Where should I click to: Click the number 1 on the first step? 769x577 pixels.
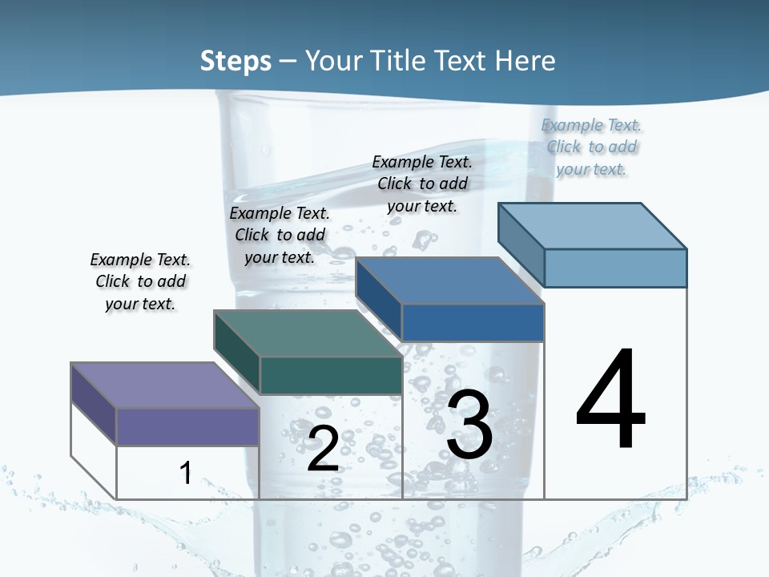[x=185, y=473]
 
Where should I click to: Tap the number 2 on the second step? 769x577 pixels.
[x=323, y=448]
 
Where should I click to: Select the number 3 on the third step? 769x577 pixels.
[x=469, y=425]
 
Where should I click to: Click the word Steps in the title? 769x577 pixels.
[x=236, y=61]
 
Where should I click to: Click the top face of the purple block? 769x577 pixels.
[x=164, y=385]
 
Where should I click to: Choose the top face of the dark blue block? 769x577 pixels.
[x=449, y=280]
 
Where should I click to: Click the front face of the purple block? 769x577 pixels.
[x=187, y=426]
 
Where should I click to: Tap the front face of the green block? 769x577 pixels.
[x=331, y=375]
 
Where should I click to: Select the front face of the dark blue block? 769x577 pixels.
[x=473, y=322]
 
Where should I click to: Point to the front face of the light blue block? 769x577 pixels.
[x=615, y=268]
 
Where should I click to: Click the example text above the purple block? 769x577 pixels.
[x=140, y=281]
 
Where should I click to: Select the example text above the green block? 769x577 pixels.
[x=280, y=235]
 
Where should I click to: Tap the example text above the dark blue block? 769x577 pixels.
[x=422, y=184]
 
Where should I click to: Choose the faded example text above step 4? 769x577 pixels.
[x=591, y=147]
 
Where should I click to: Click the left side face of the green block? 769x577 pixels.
[x=237, y=352]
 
